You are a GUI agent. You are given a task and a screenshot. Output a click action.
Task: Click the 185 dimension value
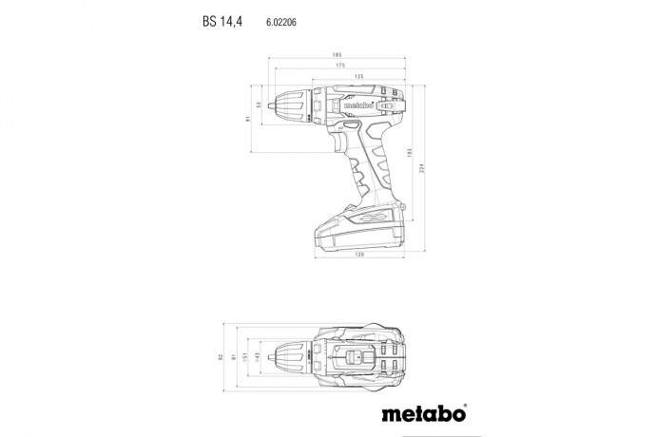(x=337, y=55)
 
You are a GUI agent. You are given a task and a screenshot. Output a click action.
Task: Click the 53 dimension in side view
(x=260, y=105)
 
